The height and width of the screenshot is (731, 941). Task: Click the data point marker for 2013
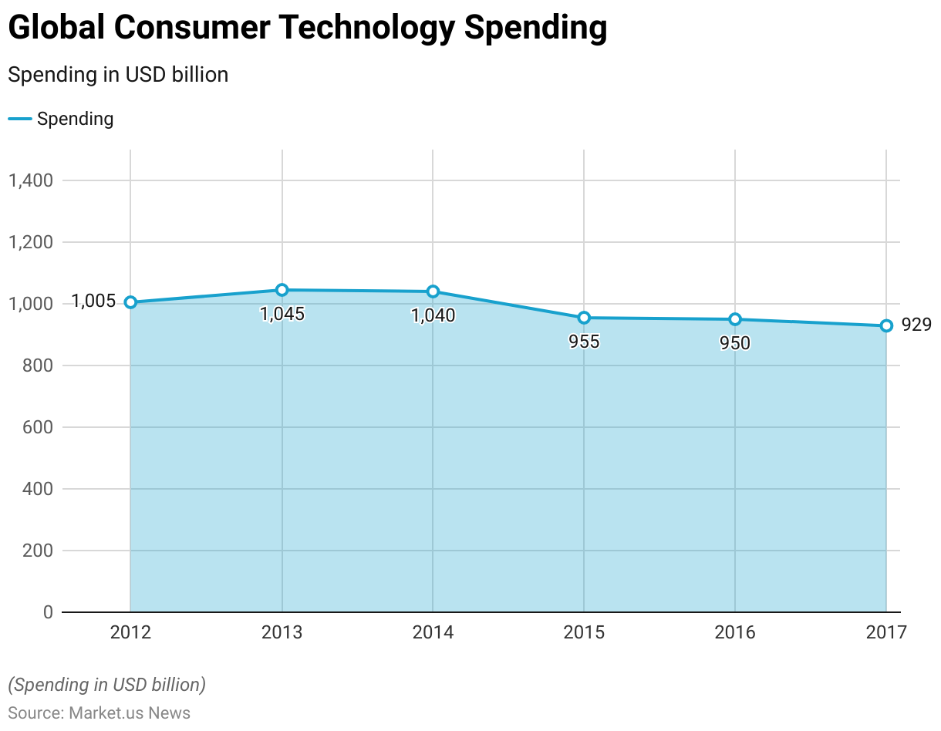pyautogui.click(x=282, y=290)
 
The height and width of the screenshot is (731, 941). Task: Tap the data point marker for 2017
pyautogui.click(x=886, y=325)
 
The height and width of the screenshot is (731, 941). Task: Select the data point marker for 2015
pyautogui.click(x=584, y=318)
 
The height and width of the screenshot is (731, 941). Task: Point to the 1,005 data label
pyautogui.click(x=93, y=301)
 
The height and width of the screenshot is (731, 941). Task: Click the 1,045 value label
pyautogui.click(x=282, y=314)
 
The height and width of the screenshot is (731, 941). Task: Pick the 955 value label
pyautogui.click(x=584, y=342)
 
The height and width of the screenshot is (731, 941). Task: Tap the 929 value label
pyautogui.click(x=916, y=325)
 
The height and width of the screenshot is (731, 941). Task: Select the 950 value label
pyautogui.click(x=735, y=343)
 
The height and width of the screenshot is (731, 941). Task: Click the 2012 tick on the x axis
pyautogui.click(x=131, y=633)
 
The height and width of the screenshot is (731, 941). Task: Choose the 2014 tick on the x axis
pyautogui.click(x=433, y=633)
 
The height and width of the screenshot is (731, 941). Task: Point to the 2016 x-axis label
pyautogui.click(x=735, y=633)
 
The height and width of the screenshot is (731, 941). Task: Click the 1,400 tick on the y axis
pyautogui.click(x=30, y=180)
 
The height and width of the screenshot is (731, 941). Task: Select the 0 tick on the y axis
pyautogui.click(x=48, y=612)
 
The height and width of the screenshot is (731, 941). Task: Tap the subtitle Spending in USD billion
pyautogui.click(x=118, y=75)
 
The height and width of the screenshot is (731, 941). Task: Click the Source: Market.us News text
pyautogui.click(x=99, y=712)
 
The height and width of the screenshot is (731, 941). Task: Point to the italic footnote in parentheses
pyautogui.click(x=107, y=685)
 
